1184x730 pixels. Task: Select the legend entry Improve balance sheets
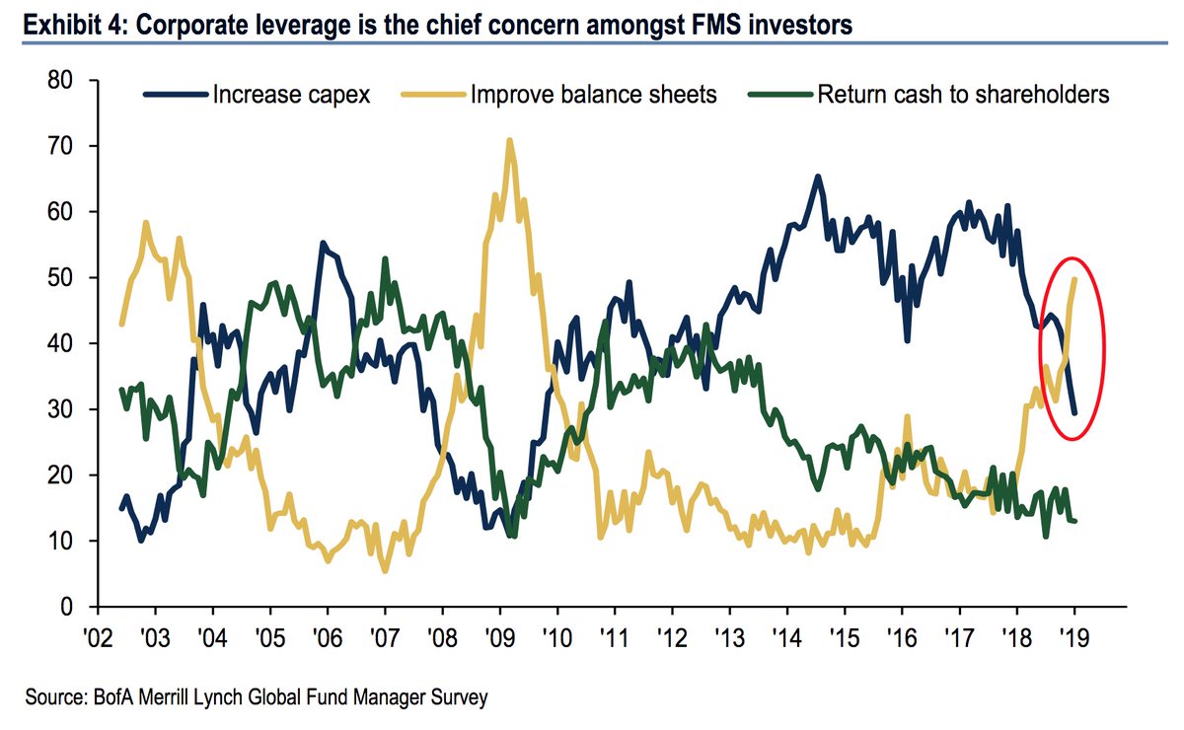[594, 95]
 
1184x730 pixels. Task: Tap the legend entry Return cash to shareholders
[962, 95]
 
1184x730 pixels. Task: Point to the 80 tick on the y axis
[61, 81]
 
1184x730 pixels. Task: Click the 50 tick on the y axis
[61, 278]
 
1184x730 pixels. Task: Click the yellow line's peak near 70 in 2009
[509, 140]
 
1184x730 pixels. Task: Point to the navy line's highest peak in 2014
[818, 178]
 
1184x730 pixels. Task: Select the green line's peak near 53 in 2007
[385, 259]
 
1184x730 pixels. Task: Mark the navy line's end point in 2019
[1074, 413]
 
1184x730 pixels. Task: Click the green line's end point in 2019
[1074, 521]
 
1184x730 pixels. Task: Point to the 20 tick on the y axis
[61, 475]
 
